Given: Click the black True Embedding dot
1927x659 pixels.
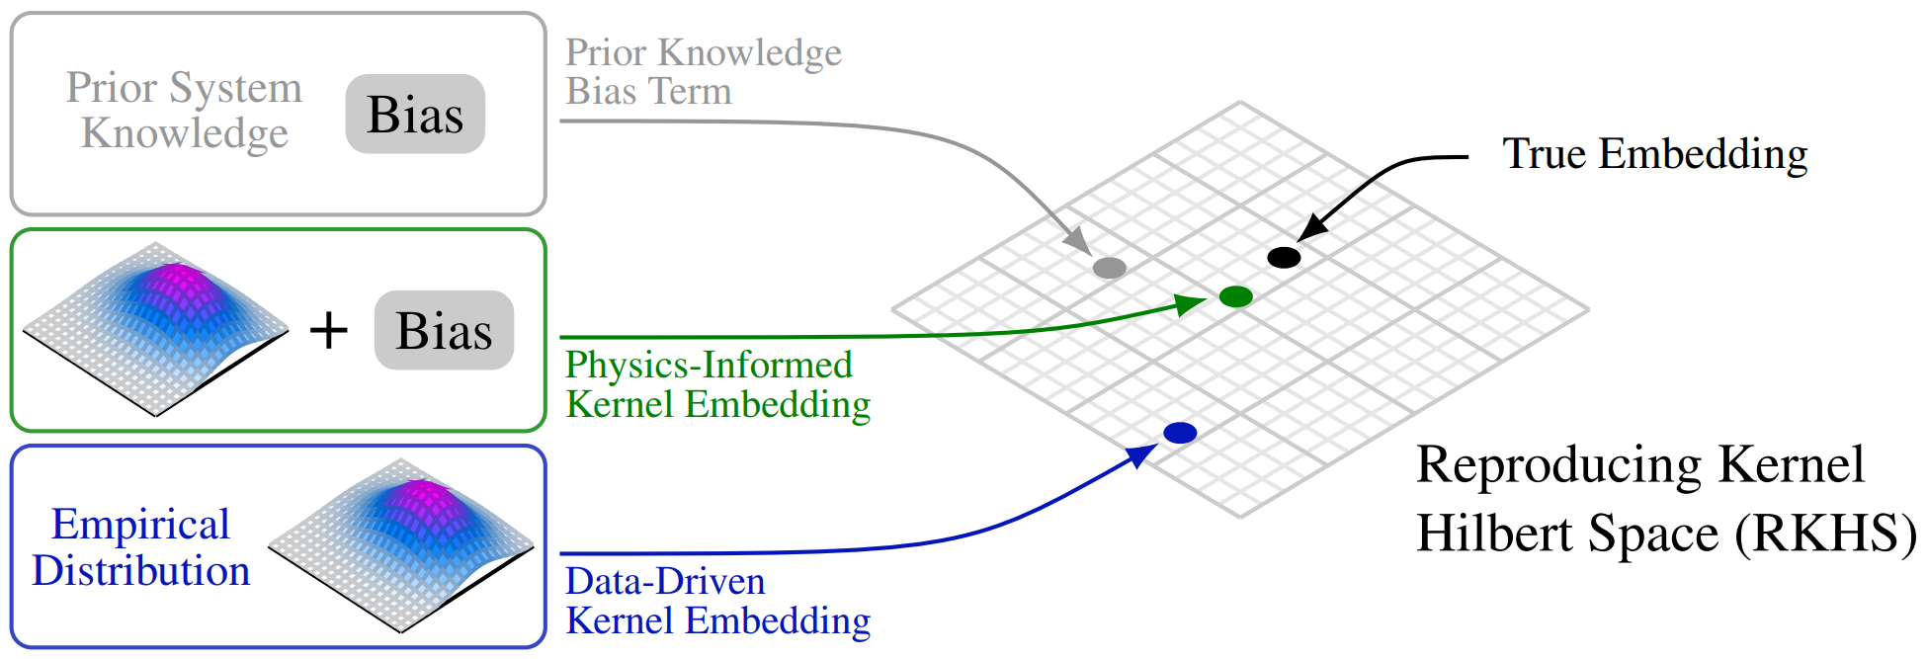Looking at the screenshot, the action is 1284,258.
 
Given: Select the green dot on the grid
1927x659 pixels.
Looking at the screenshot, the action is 1236,296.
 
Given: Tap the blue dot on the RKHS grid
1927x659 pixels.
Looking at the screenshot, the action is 1180,433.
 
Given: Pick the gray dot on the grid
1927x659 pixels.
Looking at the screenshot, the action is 1110,268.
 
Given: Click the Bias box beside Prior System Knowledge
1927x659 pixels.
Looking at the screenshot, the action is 415,114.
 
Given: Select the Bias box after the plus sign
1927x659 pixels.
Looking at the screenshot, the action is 444,330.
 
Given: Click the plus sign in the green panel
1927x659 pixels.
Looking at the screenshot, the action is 329,330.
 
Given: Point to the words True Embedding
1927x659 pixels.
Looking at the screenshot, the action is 1655,154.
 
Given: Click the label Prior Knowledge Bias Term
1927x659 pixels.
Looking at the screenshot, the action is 704,71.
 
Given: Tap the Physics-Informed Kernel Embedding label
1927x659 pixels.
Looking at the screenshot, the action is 717,384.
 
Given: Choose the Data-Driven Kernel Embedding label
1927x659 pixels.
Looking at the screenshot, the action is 717,601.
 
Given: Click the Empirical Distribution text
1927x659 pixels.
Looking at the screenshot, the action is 140,547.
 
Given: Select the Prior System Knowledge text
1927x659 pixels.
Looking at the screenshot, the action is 184,110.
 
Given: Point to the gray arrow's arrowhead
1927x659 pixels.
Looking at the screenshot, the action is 1078,240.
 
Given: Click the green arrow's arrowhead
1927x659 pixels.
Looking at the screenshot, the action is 1192,303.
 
